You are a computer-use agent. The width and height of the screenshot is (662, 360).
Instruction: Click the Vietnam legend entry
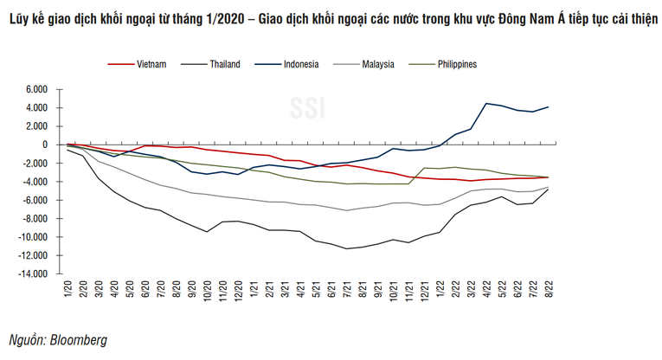pos(151,63)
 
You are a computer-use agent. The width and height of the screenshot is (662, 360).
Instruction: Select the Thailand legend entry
pos(224,63)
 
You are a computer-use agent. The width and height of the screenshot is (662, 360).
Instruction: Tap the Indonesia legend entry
pos(299,63)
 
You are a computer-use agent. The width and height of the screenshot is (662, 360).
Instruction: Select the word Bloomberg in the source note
pos(79,340)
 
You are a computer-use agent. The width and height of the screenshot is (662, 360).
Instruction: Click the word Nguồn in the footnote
pos(25,340)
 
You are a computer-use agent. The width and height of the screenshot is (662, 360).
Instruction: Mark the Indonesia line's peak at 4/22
pos(487,103)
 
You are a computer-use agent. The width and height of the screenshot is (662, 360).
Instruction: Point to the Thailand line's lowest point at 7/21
pos(347,249)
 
